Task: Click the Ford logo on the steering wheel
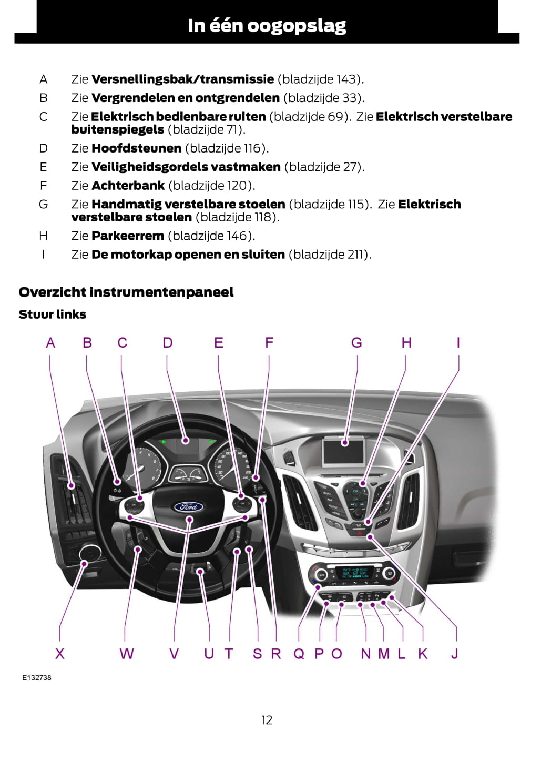(x=189, y=506)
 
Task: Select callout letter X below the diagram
(x=60, y=654)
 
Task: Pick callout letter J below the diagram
(x=455, y=654)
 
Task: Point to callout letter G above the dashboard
(x=356, y=343)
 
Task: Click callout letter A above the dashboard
(x=50, y=343)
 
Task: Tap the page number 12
(x=267, y=720)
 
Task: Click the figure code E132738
(x=37, y=677)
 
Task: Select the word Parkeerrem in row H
(x=128, y=236)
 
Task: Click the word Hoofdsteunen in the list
(x=136, y=148)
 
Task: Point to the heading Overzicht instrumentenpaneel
(x=126, y=292)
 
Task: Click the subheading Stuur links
(x=53, y=314)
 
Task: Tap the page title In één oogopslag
(x=267, y=25)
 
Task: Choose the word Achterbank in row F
(x=128, y=186)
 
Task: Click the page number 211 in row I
(x=356, y=255)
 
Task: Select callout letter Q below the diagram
(x=299, y=654)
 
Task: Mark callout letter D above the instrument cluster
(x=167, y=343)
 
